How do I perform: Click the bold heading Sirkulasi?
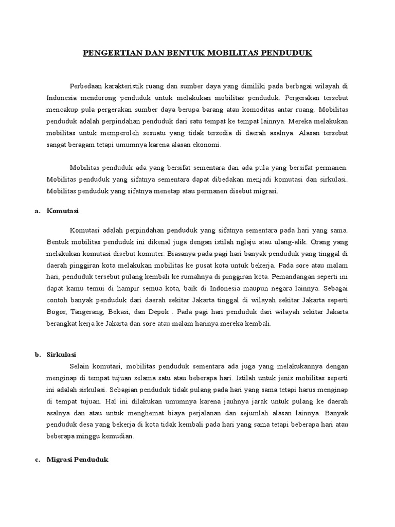tap(62, 354)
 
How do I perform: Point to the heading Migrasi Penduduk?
tap(77, 460)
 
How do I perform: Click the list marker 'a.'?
tap(38, 211)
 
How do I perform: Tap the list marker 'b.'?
tap(38, 354)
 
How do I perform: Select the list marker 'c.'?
tap(38, 460)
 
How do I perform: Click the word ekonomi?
tap(206, 145)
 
